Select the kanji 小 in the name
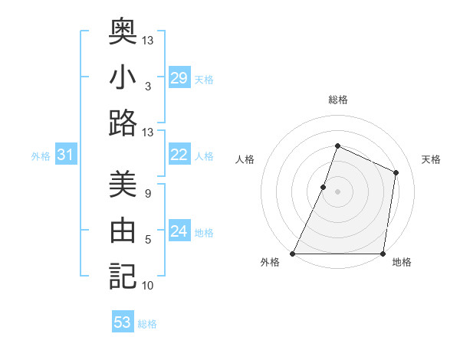[123, 77]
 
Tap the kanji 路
[123, 123]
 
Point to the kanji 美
[123, 185]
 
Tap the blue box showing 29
[179, 77]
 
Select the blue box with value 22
[179, 155]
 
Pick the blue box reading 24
[179, 231]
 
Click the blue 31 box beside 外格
[65, 155]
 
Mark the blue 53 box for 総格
[123, 322]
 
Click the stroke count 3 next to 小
[147, 87]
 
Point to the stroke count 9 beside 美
[147, 195]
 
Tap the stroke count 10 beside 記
[147, 286]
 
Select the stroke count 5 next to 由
[147, 241]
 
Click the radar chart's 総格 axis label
[337, 100]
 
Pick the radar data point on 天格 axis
[396, 172]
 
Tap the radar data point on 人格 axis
[324, 187]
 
